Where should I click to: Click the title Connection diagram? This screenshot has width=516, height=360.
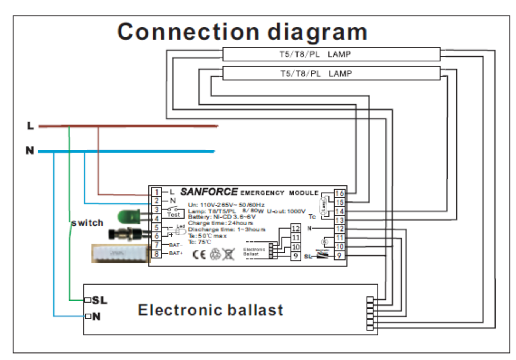[242, 32]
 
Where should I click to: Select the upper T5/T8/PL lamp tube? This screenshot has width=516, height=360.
[331, 55]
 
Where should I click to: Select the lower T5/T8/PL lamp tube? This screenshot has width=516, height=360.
[331, 74]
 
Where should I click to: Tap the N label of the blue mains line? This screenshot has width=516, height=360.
[30, 151]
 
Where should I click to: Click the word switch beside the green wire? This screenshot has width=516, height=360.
[86, 223]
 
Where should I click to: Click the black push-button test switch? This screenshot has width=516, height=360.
[125, 234]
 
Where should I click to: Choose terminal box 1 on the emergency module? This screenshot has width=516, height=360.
[156, 192]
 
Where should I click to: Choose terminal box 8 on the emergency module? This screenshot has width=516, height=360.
[156, 254]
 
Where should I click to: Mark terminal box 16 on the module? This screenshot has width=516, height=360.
[340, 193]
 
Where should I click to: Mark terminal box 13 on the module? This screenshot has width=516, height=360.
[340, 221]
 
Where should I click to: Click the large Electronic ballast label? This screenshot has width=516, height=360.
[210, 310]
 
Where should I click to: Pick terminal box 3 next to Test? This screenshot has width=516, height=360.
[156, 210]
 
